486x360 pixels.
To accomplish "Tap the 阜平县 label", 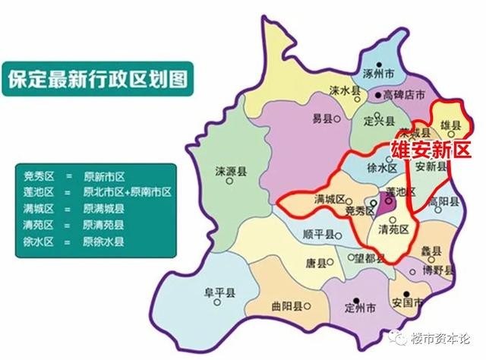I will coord(217,289).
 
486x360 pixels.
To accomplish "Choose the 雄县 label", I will coord(451,125).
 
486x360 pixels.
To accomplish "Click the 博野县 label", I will coord(439,270).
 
